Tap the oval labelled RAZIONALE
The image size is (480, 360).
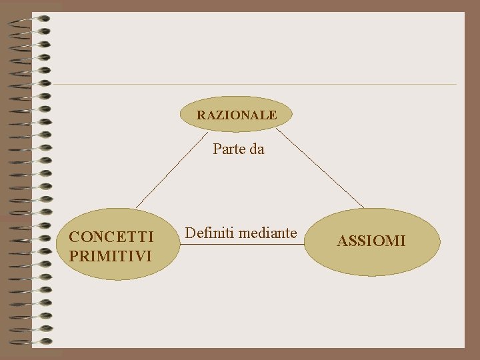tap(237, 115)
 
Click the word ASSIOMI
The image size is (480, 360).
tap(371, 241)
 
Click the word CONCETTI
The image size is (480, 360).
tap(111, 237)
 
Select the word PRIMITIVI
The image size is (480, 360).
tap(110, 255)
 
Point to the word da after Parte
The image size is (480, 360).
tap(257, 149)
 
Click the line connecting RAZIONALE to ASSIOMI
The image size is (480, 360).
tap(320, 168)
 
